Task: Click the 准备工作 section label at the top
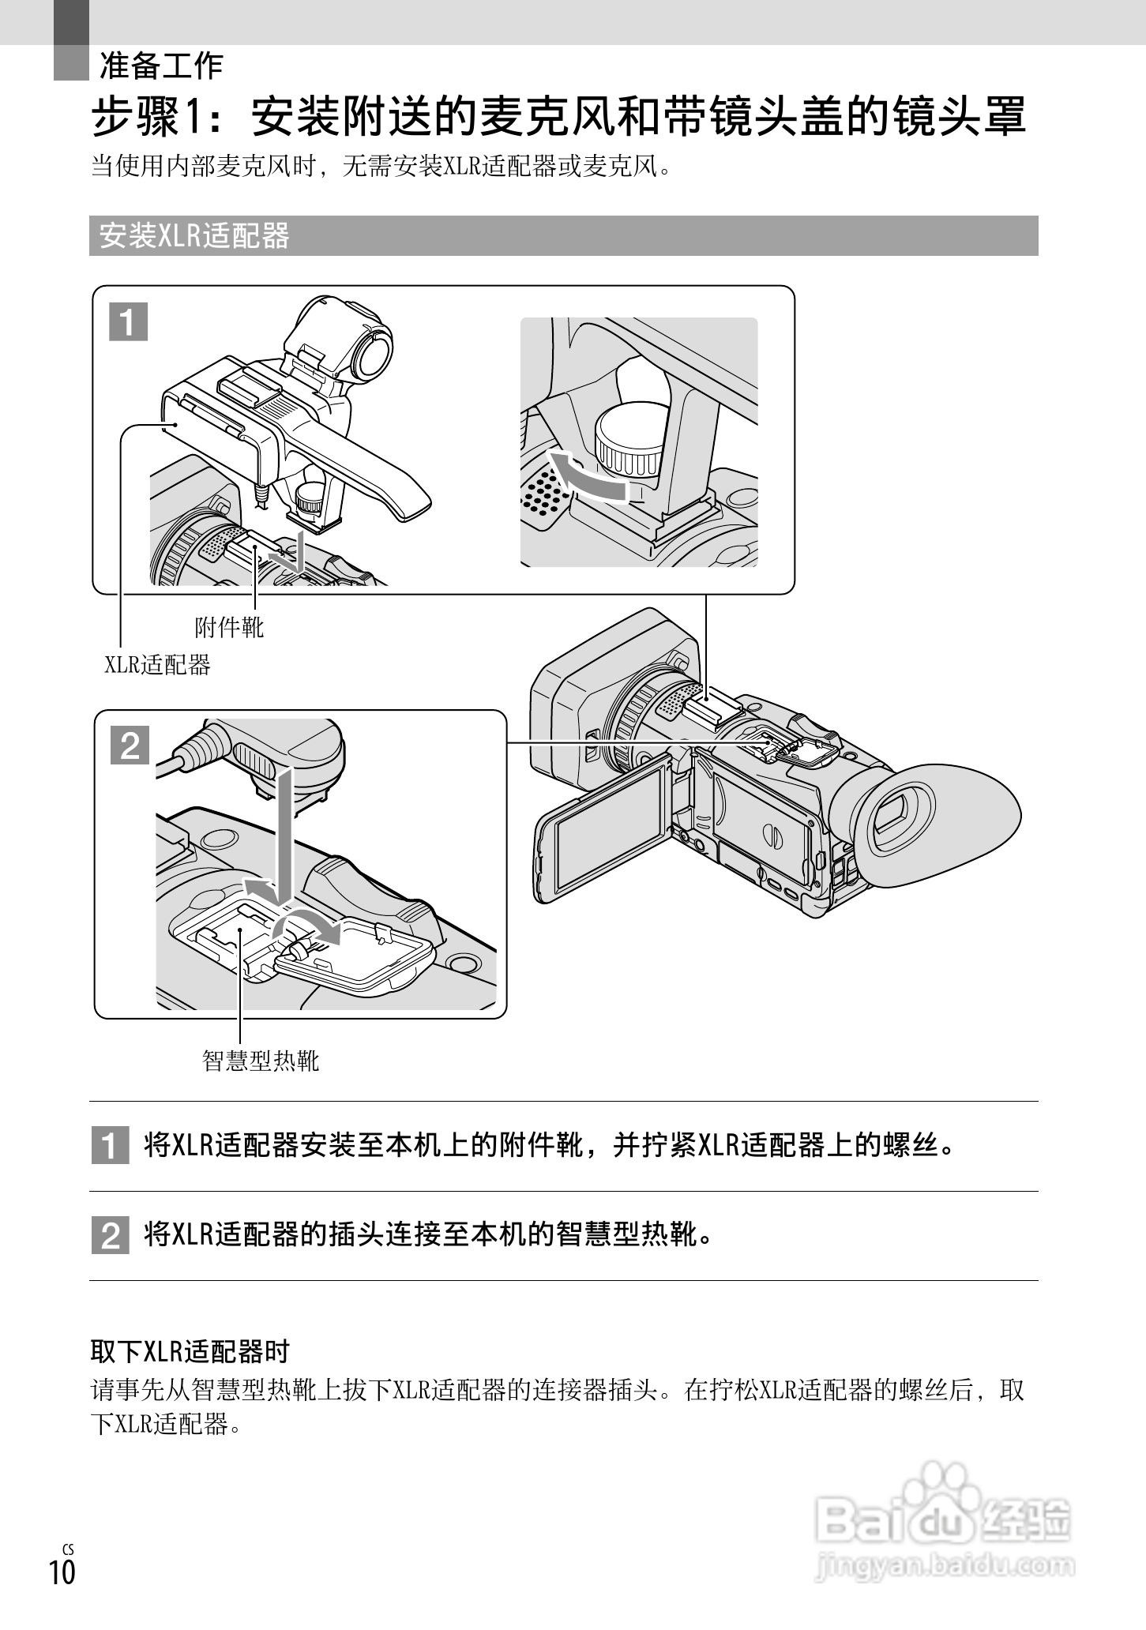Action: coord(161,66)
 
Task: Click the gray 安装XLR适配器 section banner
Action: coord(194,236)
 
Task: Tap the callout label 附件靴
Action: coord(229,628)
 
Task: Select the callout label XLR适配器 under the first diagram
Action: coord(158,665)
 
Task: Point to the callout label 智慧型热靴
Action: coord(261,1060)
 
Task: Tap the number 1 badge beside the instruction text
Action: coord(110,1147)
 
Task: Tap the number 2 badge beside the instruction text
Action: coord(110,1236)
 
